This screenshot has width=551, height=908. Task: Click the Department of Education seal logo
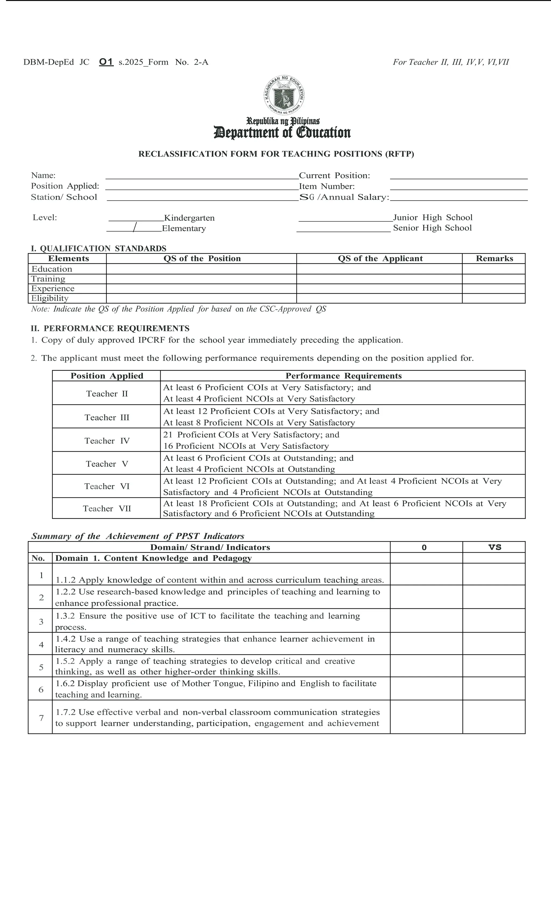284,95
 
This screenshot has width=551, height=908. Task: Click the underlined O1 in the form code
106,62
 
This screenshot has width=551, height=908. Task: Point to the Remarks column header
494,258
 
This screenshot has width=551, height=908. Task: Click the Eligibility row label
50,298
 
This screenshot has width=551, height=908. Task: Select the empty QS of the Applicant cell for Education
379,269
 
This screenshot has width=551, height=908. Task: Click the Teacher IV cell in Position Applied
107,441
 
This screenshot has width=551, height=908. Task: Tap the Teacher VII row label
107,509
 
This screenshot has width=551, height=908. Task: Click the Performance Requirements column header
343,376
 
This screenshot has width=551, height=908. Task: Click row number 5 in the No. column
41,667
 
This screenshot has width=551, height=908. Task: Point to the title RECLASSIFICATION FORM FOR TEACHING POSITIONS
276,154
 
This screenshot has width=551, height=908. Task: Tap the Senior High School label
432,228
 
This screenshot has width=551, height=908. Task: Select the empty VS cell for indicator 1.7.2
493,717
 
